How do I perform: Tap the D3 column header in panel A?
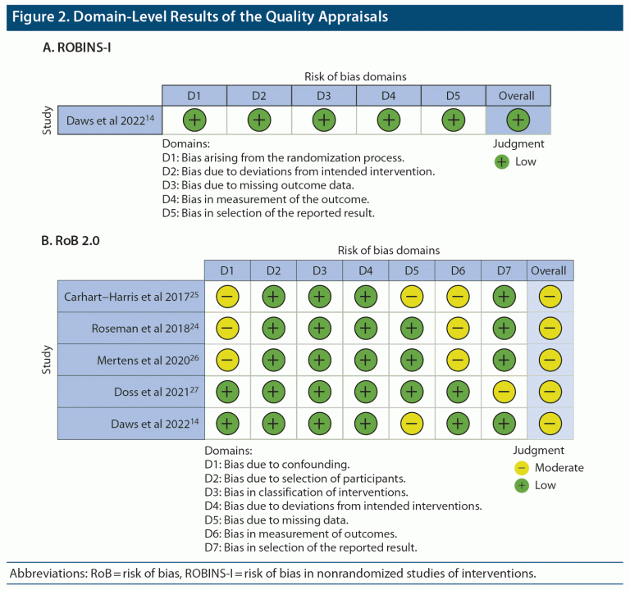pyautogui.click(x=323, y=96)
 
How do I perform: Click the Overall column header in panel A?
pyautogui.click(x=517, y=96)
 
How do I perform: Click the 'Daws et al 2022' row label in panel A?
pyautogui.click(x=111, y=120)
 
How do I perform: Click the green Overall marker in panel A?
pyautogui.click(x=517, y=120)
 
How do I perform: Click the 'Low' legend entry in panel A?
pyautogui.click(x=525, y=161)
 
